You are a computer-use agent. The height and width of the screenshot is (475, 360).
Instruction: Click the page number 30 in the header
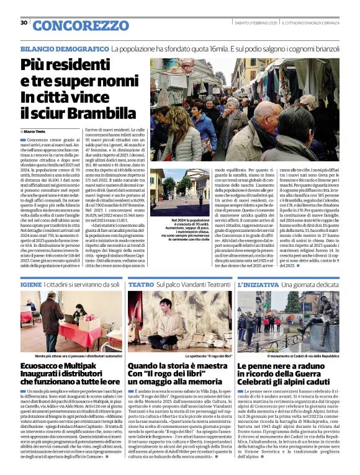point(24,22)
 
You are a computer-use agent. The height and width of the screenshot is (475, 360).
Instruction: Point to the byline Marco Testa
point(39,131)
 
